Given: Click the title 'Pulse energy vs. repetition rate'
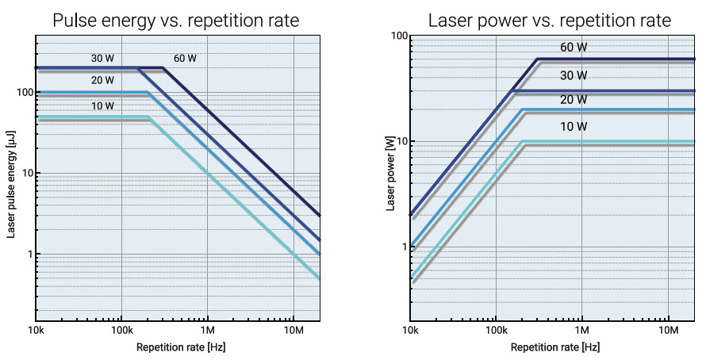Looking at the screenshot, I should pyautogui.click(x=175, y=20).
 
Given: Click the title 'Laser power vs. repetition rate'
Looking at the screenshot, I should pyautogui.click(x=550, y=20).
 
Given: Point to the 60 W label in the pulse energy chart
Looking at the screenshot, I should pyautogui.click(x=186, y=58).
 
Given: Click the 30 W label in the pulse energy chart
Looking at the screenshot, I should pyautogui.click(x=102, y=58).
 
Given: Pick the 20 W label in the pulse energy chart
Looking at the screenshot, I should pyautogui.click(x=102, y=80).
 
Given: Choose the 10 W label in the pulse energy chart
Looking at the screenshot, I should pyautogui.click(x=102, y=105).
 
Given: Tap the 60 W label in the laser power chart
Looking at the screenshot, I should pyautogui.click(x=574, y=48).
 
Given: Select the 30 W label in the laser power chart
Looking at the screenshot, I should pyautogui.click(x=574, y=76).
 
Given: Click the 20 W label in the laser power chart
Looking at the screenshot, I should pyautogui.click(x=574, y=100).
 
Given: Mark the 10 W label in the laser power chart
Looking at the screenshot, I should pyautogui.click(x=574, y=127).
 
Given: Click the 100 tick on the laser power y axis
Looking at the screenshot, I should pyautogui.click(x=399, y=36).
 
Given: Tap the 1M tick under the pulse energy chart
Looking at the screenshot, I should pyautogui.click(x=207, y=329).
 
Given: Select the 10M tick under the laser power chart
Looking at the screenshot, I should pyautogui.click(x=668, y=329).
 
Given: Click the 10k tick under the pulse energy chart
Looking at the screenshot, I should pyautogui.click(x=36, y=329).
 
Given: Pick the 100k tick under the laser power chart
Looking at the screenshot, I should pyautogui.click(x=496, y=329).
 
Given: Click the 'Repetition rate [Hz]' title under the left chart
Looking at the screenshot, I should pyautogui.click(x=175, y=347).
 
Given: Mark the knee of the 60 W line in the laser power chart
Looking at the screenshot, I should pyautogui.click(x=538, y=59).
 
